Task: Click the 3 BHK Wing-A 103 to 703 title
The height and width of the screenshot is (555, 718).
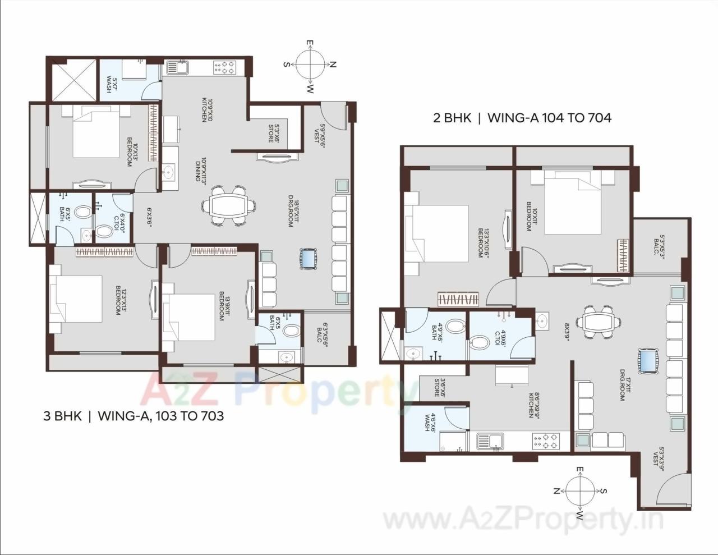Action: (x=134, y=416)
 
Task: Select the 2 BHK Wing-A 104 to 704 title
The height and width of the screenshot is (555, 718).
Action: (x=522, y=118)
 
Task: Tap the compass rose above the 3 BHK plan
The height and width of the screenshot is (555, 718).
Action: (x=309, y=65)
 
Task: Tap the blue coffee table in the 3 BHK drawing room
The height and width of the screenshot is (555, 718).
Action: (x=309, y=259)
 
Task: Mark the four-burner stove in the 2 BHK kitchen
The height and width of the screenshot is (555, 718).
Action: (x=546, y=442)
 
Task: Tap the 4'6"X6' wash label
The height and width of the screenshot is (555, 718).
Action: (x=430, y=421)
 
